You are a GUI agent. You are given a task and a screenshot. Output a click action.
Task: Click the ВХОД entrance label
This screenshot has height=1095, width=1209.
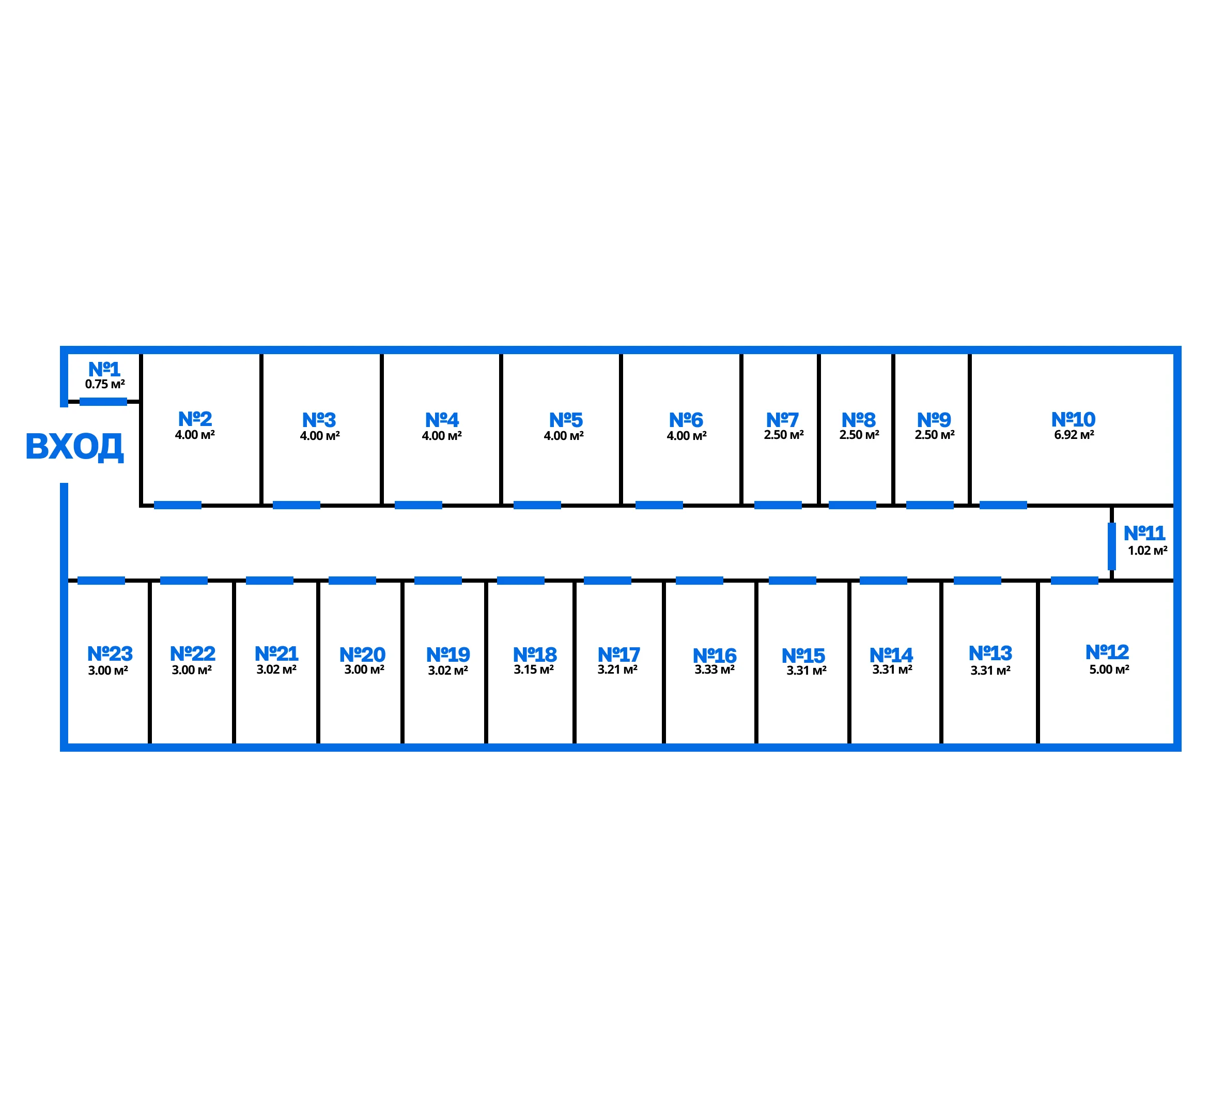click(74, 447)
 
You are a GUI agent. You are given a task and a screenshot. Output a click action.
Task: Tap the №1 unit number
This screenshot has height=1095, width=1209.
click(104, 369)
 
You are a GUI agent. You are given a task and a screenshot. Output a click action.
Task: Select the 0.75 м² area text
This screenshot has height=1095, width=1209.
click(105, 385)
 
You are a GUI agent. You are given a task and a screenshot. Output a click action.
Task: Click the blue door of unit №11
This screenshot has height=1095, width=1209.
click(1111, 546)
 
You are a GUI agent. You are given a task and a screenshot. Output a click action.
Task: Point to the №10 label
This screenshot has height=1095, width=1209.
click(1073, 419)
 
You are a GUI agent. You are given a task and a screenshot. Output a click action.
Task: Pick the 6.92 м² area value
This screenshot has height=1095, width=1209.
click(1074, 435)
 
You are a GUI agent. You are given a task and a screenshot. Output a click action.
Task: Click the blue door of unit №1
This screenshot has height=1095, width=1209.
click(103, 401)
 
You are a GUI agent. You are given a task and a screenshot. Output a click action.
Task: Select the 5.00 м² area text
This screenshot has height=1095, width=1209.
click(1109, 670)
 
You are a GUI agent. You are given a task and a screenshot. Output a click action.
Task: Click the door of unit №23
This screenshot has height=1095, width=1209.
click(101, 580)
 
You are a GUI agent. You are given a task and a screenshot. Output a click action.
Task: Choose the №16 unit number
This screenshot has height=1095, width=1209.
click(714, 655)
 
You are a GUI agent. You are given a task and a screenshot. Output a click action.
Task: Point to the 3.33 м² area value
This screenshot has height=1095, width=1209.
click(714, 670)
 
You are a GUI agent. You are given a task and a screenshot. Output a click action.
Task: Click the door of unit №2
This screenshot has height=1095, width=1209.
click(178, 505)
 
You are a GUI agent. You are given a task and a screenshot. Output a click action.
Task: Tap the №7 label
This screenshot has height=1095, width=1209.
click(782, 419)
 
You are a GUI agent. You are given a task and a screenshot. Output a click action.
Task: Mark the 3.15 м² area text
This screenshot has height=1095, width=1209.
click(533, 670)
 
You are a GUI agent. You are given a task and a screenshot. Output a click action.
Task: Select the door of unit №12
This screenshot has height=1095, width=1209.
click(1074, 580)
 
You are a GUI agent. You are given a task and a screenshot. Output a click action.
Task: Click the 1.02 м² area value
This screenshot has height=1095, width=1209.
click(1147, 551)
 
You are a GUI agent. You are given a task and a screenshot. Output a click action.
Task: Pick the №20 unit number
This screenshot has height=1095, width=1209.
click(362, 654)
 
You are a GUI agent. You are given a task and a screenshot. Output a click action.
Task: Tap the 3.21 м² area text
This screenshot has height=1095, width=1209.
click(617, 670)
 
